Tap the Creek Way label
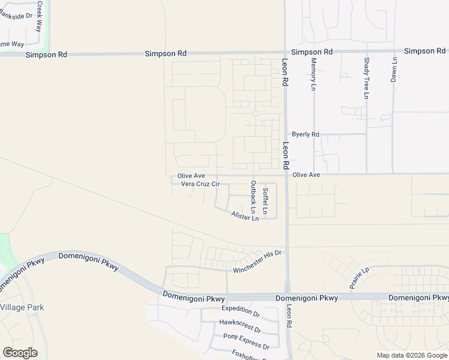pyautogui.click(x=40, y=16)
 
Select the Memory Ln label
pyautogui.click(x=313, y=74)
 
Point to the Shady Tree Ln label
pyautogui.click(x=366, y=79)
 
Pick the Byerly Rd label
pyautogui.click(x=306, y=134)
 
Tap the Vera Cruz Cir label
pyautogui.click(x=200, y=184)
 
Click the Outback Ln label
pyautogui.click(x=253, y=197)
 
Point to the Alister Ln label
pyautogui.click(x=245, y=215)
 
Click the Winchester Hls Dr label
pyautogui.click(x=257, y=262)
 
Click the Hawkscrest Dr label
pyautogui.click(x=240, y=325)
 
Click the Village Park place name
pyautogui.click(x=22, y=307)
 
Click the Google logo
pyautogui.click(x=20, y=352)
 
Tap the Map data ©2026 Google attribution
pyautogui.click(x=411, y=355)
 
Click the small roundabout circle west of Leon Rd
pyautogui.click(x=255, y=113)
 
